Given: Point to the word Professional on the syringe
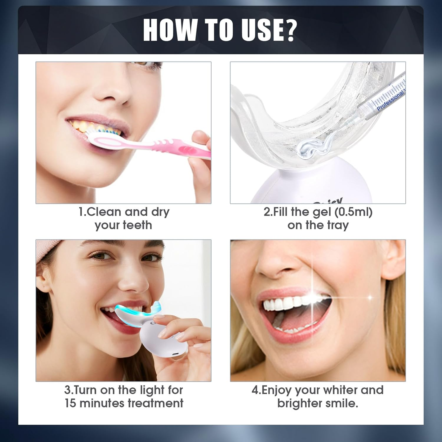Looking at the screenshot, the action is (x=390, y=100).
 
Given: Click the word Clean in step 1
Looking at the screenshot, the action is (x=104, y=212).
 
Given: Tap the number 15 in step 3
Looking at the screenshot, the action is (x=70, y=403).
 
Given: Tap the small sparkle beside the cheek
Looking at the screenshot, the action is (x=370, y=298).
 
